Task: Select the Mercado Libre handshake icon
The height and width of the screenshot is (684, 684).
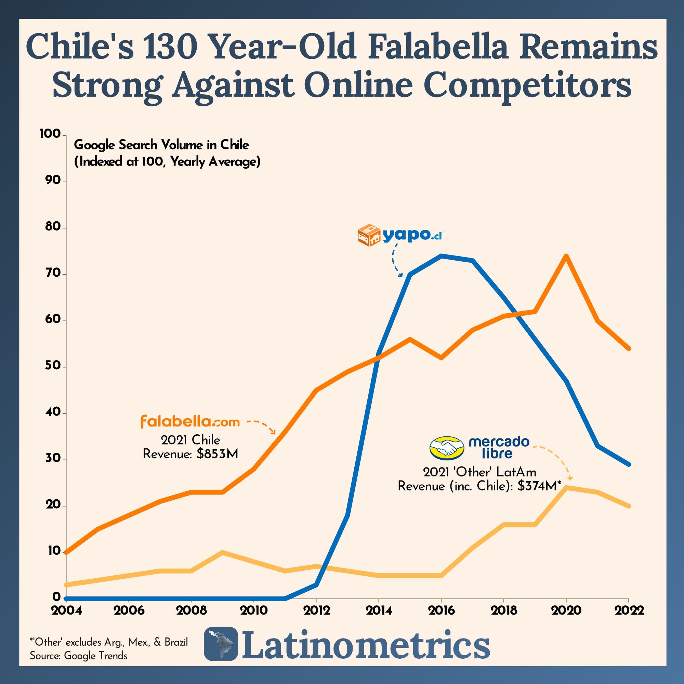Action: tap(446, 448)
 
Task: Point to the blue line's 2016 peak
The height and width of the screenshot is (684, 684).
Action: tap(441, 255)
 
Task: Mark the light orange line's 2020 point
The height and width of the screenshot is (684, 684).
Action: tap(566, 487)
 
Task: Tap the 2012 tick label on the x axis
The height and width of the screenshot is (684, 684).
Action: tap(316, 610)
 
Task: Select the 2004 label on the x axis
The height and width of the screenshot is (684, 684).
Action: tap(66, 610)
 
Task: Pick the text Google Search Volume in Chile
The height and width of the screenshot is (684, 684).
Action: tap(161, 145)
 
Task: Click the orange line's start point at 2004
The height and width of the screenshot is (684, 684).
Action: tap(67, 552)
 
